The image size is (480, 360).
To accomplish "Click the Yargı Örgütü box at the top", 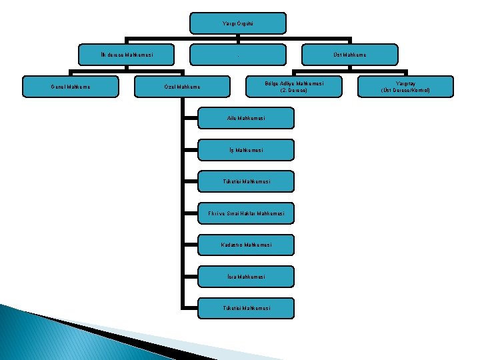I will pos(238,23).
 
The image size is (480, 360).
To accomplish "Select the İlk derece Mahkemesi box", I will pos(127,55).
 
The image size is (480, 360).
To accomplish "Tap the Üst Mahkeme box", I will pos(350,55).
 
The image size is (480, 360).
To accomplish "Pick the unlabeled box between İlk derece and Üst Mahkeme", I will pos(238,55).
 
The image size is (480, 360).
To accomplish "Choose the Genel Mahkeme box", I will pos(71,87).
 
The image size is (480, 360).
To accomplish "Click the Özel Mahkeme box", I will pos(182,87).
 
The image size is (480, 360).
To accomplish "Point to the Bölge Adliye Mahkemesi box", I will pos(294,87).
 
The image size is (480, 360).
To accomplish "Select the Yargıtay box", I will pos(405,87).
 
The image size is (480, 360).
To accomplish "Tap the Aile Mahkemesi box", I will pos(246,118).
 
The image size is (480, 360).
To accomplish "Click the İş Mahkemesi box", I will pos(246,150).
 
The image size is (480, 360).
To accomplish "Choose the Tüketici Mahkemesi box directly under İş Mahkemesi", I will pos(246,181).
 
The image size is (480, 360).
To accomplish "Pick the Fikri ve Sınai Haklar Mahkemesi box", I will pos(246,213).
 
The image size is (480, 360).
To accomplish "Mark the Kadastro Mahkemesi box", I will pos(246,245).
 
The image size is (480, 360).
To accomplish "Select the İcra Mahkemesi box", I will pos(246,277).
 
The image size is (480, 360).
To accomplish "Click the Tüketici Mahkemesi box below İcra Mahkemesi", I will pos(246,308).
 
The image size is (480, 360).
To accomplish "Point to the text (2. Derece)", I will pos(294,90).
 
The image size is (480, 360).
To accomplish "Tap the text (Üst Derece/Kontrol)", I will pos(405,90).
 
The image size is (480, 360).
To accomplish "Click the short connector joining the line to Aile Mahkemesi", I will pos(191,118).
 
